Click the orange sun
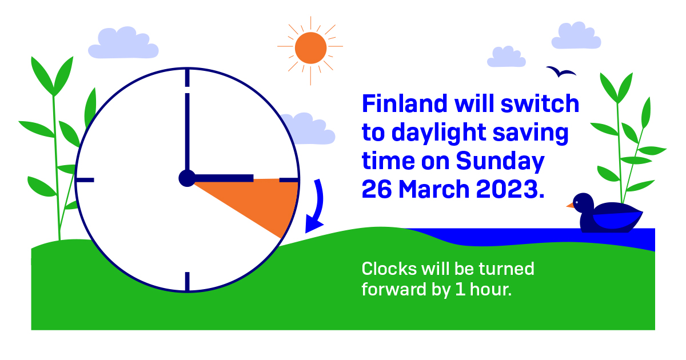(x=310, y=47)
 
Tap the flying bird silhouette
(x=561, y=71)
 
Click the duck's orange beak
(x=570, y=205)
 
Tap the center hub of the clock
(x=187, y=178)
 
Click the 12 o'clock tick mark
(x=187, y=78)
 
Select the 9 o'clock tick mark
(x=85, y=180)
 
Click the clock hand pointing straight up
(x=187, y=131)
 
